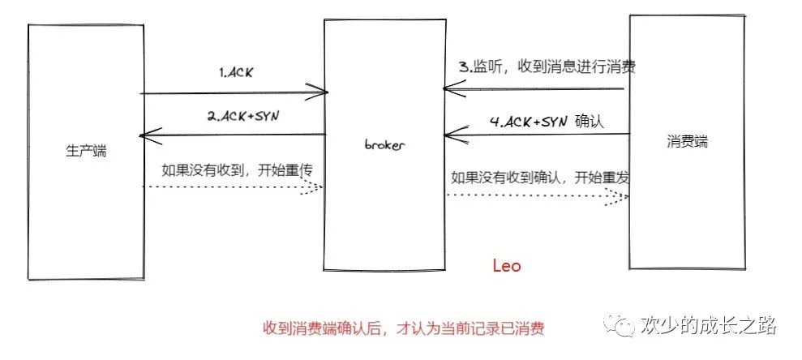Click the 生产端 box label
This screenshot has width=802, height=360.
[86, 151]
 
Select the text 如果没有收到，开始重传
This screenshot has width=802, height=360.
[238, 170]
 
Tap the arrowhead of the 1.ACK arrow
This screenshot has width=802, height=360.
[318, 92]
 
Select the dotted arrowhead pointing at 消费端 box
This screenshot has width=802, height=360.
[620, 196]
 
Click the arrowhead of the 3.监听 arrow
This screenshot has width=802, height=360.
[448, 88]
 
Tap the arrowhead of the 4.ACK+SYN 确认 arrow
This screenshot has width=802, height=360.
[449, 135]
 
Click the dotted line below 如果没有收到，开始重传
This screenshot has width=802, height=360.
[227, 187]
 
